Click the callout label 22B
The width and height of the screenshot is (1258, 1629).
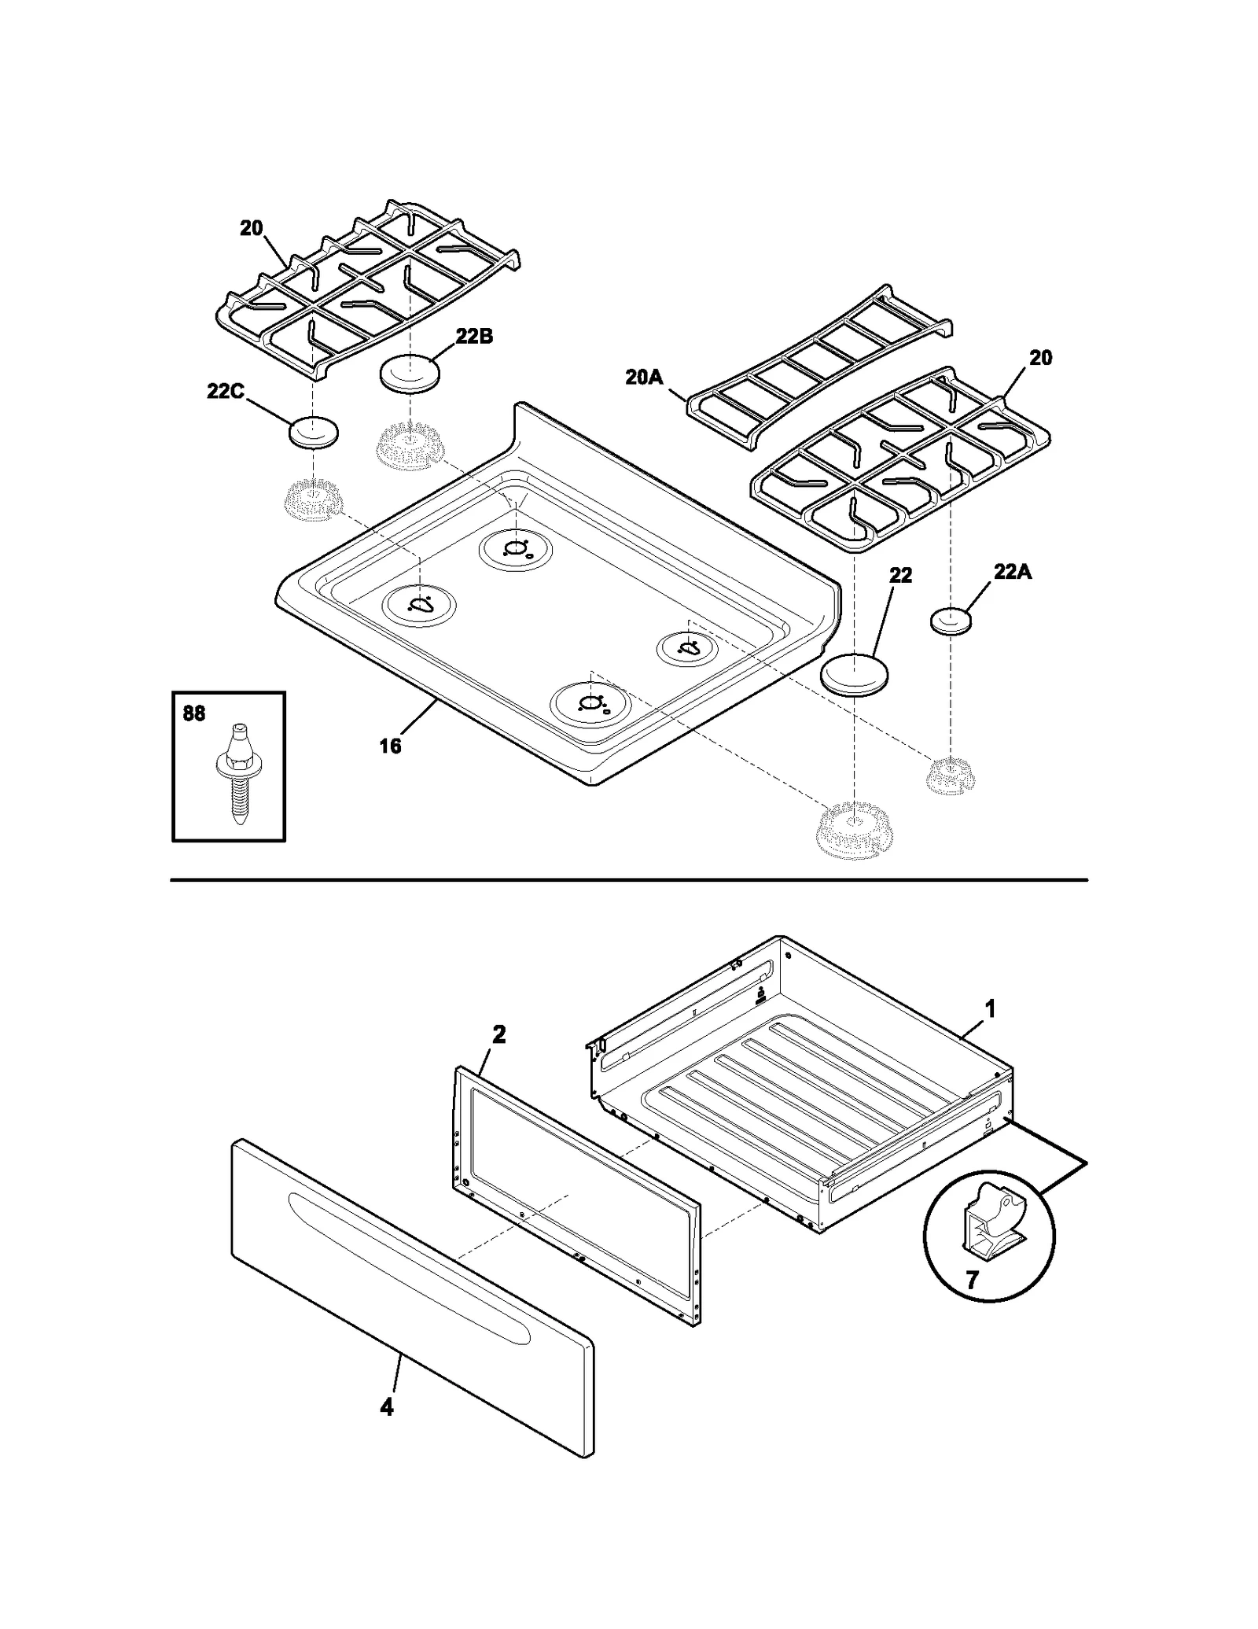474,337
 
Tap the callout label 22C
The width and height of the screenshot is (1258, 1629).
226,391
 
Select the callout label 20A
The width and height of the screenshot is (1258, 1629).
644,378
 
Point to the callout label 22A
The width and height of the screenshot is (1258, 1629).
1012,572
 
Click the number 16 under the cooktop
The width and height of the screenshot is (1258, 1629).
390,746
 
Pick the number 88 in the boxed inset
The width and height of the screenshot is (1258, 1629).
194,713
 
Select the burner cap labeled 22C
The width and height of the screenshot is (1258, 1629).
314,433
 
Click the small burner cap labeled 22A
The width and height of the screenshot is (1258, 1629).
951,621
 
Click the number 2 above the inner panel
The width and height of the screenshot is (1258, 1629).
498,1034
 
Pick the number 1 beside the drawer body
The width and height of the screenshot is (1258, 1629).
991,1008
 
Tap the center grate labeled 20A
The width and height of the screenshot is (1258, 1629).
818,366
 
